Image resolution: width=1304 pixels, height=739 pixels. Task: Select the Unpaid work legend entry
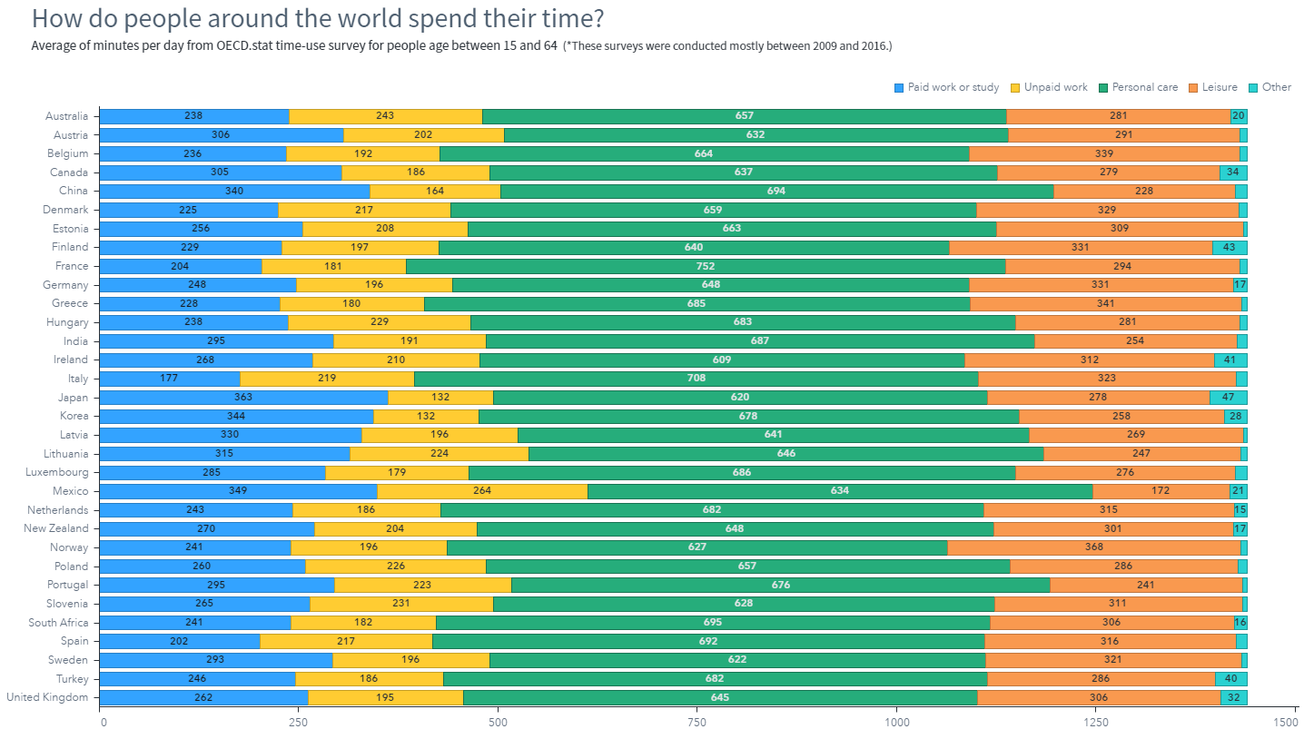click(x=1049, y=87)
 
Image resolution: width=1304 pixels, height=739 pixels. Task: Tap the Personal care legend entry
click(x=1138, y=87)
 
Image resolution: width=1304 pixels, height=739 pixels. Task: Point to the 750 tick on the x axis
click(x=696, y=722)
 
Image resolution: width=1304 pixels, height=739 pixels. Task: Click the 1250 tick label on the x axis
click(x=1095, y=722)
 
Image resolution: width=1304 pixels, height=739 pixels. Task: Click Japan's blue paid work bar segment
click(x=244, y=398)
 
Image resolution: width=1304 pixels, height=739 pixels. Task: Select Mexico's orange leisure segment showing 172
click(x=1161, y=491)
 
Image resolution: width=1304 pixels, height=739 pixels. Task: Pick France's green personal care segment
click(x=706, y=267)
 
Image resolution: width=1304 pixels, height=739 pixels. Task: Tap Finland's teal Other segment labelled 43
click(x=1230, y=247)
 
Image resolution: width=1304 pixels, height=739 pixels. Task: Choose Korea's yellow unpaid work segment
click(x=426, y=416)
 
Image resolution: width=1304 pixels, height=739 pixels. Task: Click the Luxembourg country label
click(x=57, y=472)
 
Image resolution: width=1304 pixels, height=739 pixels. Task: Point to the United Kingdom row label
click(x=47, y=697)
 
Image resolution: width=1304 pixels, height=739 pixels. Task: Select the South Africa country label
click(x=58, y=623)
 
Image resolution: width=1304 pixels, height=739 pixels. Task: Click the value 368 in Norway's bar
click(x=1094, y=547)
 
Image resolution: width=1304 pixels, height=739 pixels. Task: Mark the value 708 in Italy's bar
click(x=696, y=379)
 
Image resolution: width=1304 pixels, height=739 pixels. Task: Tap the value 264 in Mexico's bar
click(x=482, y=490)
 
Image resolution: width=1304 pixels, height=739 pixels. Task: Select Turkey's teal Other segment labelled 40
click(x=1230, y=679)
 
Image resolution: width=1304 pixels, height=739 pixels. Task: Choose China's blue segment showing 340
click(x=234, y=192)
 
